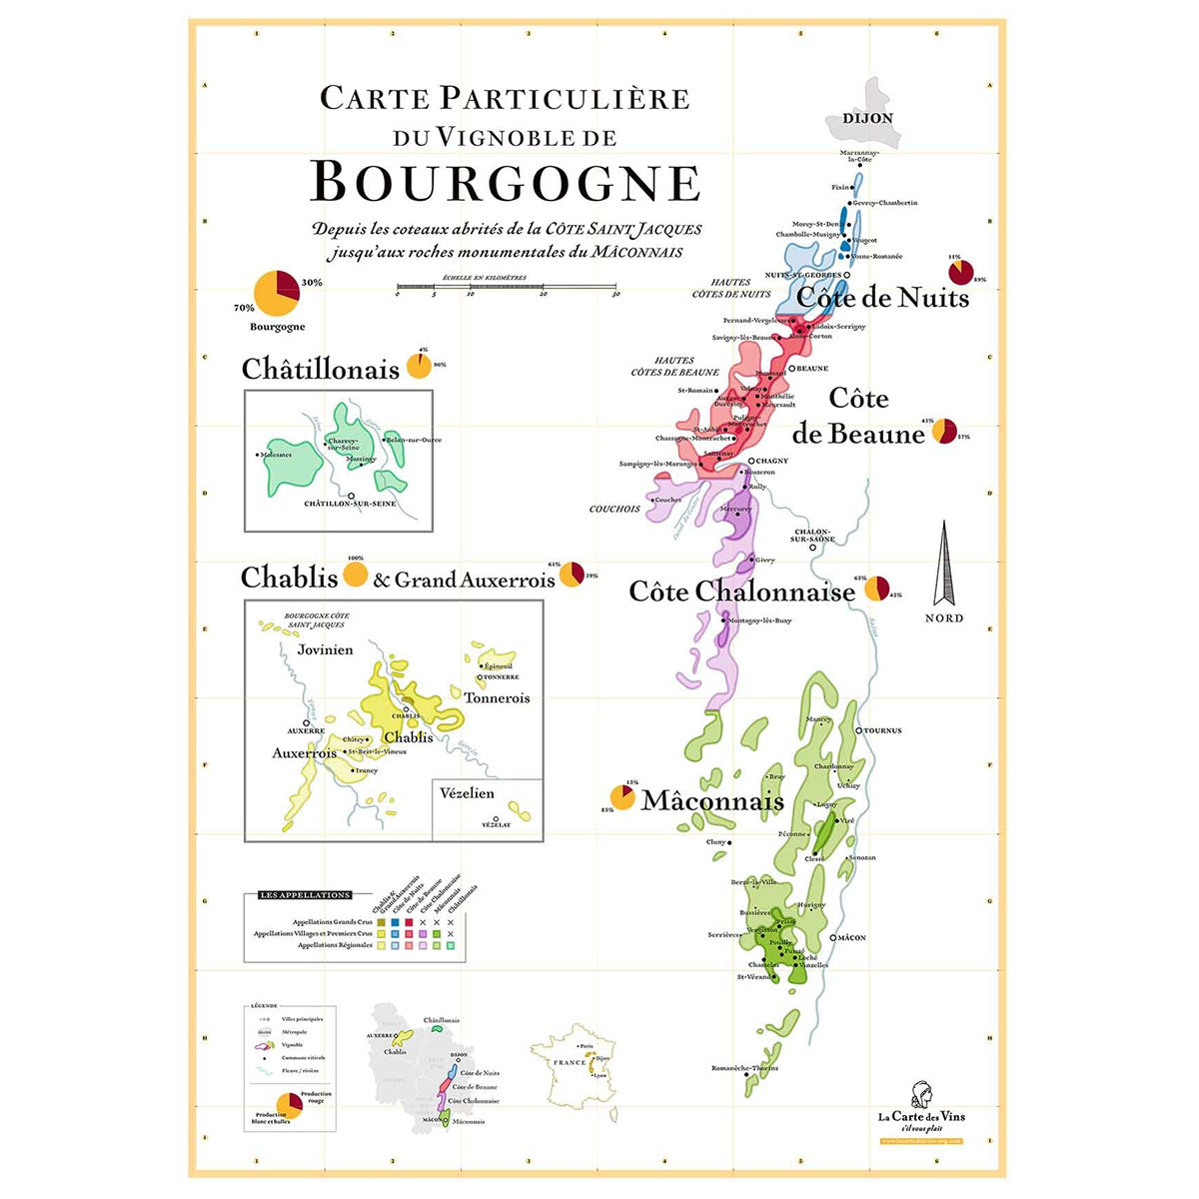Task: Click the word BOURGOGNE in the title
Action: (506, 182)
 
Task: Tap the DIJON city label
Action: (867, 118)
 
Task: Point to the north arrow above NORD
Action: (943, 564)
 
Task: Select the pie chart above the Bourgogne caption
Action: (277, 294)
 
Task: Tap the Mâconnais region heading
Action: (712, 801)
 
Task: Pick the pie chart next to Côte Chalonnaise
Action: (876, 589)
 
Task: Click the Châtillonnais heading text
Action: (320, 370)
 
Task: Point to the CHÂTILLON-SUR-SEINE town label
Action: (350, 504)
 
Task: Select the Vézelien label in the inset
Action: (467, 792)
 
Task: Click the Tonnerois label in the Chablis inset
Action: (497, 698)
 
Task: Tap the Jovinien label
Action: (325, 649)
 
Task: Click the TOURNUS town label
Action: (882, 730)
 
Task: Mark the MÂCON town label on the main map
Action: (852, 938)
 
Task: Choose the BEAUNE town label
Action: (812, 369)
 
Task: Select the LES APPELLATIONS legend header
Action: (305, 895)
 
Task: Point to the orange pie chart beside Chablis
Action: (355, 576)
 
